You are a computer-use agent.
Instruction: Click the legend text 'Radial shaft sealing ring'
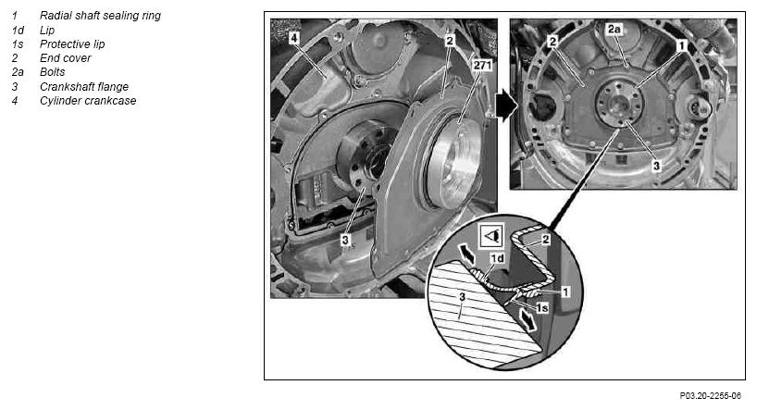tap(100, 16)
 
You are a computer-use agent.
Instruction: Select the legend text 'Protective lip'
tap(72, 43)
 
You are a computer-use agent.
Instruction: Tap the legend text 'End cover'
tap(65, 58)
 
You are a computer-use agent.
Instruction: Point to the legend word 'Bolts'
tap(52, 72)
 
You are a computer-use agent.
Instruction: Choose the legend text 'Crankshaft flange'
tap(84, 86)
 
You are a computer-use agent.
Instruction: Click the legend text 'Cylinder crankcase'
tap(88, 101)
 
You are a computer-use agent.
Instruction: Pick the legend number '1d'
tap(18, 30)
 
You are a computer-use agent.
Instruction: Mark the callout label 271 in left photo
tap(482, 65)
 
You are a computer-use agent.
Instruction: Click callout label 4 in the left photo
tap(294, 38)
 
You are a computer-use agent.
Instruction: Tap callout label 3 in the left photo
tap(345, 240)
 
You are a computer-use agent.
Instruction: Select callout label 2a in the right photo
tap(614, 29)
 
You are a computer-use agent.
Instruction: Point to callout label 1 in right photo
tap(682, 45)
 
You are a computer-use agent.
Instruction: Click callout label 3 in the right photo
tap(656, 166)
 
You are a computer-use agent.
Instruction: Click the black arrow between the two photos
tap(506, 106)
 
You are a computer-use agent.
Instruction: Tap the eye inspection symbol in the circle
tap(491, 236)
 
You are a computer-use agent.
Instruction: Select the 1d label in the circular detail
tap(497, 258)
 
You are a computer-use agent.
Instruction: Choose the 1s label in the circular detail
tap(542, 307)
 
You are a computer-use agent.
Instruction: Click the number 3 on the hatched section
tap(462, 297)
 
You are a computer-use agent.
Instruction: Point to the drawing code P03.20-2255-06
tap(710, 396)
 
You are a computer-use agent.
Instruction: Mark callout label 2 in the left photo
tap(450, 41)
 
